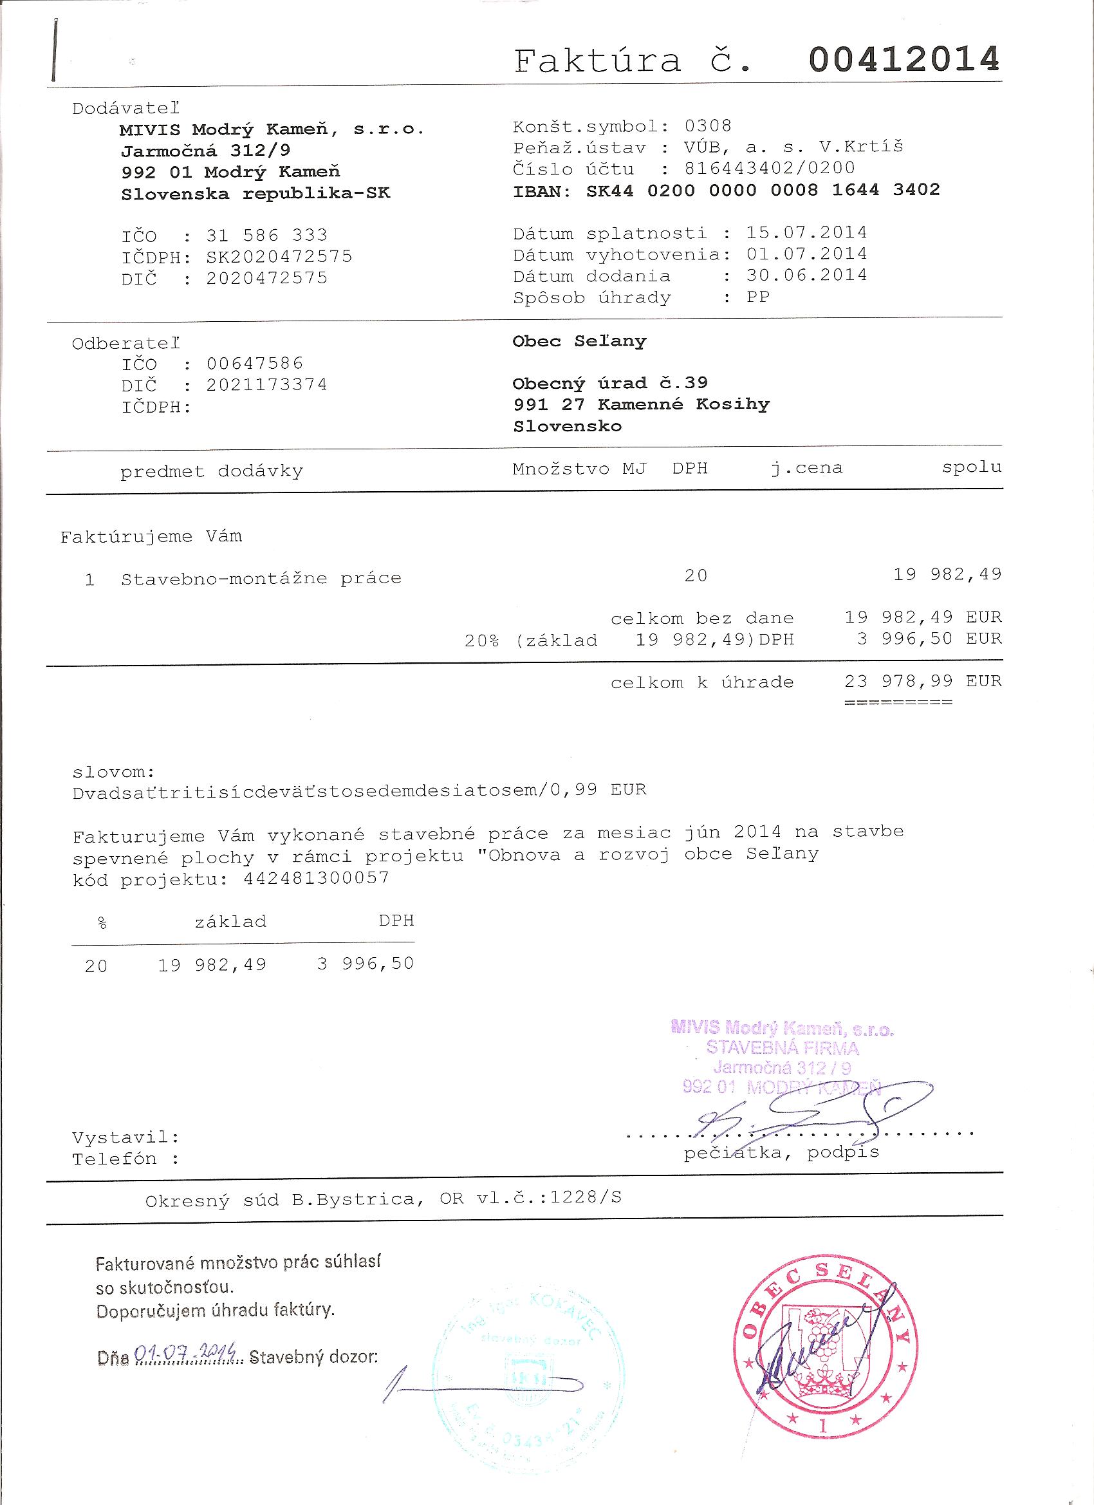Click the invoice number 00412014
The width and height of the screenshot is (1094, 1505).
pyautogui.click(x=904, y=60)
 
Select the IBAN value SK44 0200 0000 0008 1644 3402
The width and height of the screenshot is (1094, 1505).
pyautogui.click(x=763, y=191)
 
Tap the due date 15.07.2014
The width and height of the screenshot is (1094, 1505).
pyautogui.click(x=806, y=232)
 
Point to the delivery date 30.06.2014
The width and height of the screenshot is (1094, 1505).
pyautogui.click(x=806, y=275)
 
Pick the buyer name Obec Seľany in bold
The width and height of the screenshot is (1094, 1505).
pyautogui.click(x=579, y=341)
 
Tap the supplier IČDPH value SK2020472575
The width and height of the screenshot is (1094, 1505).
pyautogui.click(x=279, y=256)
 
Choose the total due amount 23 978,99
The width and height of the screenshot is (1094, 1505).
pyautogui.click(x=898, y=681)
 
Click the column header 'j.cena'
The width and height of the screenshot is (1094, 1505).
pyautogui.click(x=806, y=468)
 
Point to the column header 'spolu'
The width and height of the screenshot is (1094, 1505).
pyautogui.click(x=971, y=467)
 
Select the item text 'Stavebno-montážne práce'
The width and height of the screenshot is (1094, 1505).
pyautogui.click(x=261, y=578)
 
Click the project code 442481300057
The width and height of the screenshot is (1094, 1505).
pyautogui.click(x=317, y=879)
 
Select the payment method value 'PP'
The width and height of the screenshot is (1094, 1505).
pyautogui.click(x=757, y=297)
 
